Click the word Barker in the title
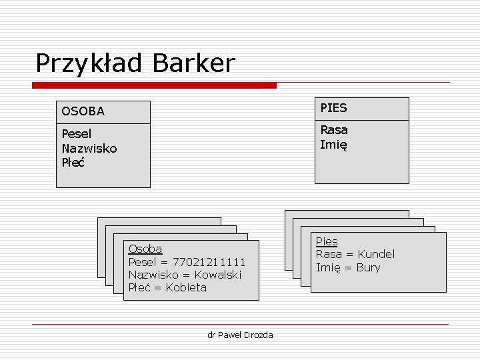click(x=194, y=63)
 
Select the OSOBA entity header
click(x=83, y=111)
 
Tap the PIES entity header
click(x=334, y=108)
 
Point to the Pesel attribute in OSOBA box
click(x=76, y=133)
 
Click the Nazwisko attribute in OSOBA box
click(x=89, y=148)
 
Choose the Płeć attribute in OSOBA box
click(x=73, y=163)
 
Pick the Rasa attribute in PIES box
click(x=334, y=129)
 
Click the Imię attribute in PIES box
click(x=333, y=145)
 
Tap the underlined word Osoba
click(x=145, y=249)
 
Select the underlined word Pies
click(x=327, y=241)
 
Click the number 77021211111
click(x=209, y=261)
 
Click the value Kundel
click(x=376, y=254)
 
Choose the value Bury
click(x=368, y=267)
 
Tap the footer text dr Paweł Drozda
click(x=240, y=335)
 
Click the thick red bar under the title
click(x=155, y=85)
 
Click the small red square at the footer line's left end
click(x=34, y=325)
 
